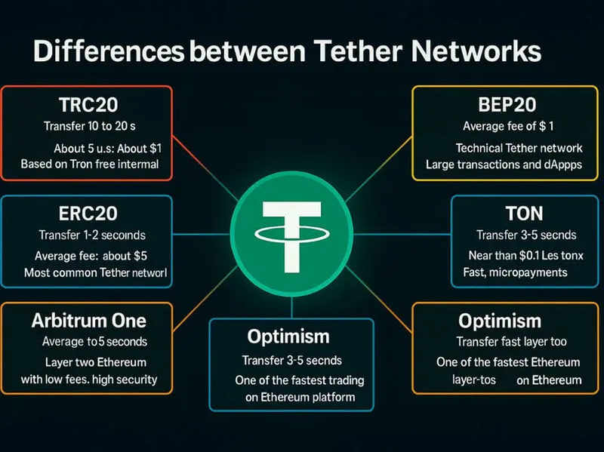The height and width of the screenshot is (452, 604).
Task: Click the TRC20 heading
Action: [x=88, y=105]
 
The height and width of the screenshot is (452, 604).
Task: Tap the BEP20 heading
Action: [x=507, y=105]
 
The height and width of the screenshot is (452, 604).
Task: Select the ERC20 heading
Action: [x=88, y=214]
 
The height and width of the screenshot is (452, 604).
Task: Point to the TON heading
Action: [x=524, y=214]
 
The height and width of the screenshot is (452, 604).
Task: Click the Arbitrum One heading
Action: [x=89, y=321]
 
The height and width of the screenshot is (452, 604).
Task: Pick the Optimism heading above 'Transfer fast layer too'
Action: [x=500, y=321]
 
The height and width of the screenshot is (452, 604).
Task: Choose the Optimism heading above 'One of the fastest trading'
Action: [x=288, y=337]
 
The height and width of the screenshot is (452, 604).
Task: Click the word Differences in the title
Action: [x=109, y=51]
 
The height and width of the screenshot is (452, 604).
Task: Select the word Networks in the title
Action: [x=476, y=51]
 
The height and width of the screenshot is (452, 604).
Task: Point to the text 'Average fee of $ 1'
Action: [x=508, y=126]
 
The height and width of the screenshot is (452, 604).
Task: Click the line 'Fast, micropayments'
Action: [x=515, y=272]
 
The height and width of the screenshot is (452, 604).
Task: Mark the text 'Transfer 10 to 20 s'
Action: [x=89, y=126]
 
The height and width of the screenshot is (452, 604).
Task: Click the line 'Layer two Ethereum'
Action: [x=96, y=362]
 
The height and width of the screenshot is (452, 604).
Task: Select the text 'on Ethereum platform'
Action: [x=300, y=397]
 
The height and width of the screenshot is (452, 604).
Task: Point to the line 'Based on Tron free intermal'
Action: [x=90, y=164]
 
